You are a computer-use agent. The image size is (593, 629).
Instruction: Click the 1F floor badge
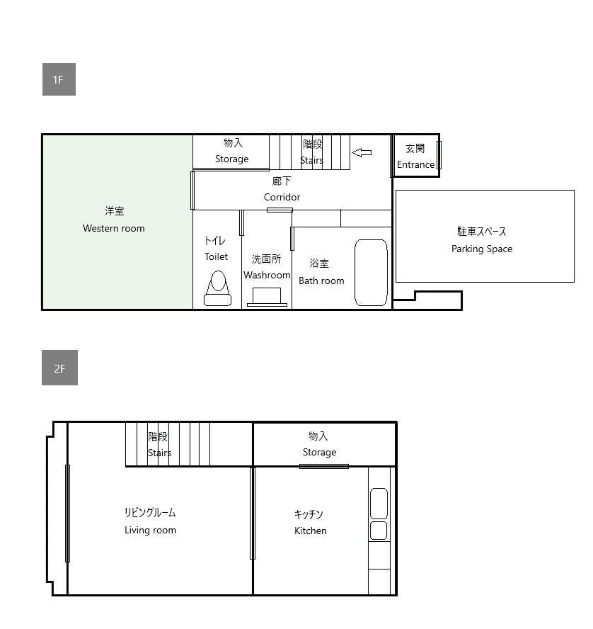[59, 79]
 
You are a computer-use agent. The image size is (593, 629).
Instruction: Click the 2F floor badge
[59, 368]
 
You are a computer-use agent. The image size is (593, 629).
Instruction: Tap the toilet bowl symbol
[217, 288]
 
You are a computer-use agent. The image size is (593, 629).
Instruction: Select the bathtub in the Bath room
[371, 273]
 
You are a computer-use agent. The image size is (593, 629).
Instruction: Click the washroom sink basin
[267, 297]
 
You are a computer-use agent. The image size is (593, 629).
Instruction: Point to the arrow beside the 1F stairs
[362, 152]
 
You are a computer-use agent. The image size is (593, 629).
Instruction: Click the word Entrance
[416, 164]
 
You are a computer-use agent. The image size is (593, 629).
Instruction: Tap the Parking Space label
[482, 249]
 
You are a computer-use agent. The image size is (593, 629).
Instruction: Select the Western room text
[114, 228]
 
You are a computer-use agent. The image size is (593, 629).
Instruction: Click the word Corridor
[282, 197]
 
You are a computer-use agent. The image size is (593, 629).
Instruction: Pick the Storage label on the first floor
[232, 159]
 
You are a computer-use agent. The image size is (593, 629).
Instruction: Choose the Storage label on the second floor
[319, 452]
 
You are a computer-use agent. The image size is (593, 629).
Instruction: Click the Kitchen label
[311, 531]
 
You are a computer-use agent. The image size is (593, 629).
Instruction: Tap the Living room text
[150, 530]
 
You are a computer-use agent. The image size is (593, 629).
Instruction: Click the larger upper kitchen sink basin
[379, 504]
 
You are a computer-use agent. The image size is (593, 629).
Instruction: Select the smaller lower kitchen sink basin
[379, 531]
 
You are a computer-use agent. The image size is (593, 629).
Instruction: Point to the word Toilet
[216, 256]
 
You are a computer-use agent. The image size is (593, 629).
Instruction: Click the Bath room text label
[321, 280]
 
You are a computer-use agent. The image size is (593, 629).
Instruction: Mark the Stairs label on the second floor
[159, 453]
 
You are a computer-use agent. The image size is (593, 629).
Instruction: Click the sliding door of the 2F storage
[324, 466]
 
